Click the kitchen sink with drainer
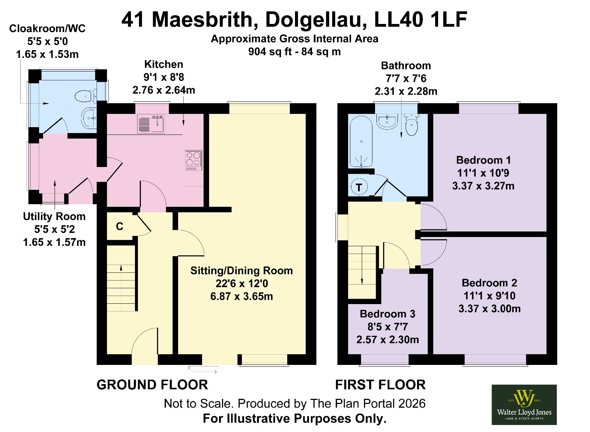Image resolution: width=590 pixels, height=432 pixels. coord(151,124)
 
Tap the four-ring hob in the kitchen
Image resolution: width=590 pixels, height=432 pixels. coord(193,160)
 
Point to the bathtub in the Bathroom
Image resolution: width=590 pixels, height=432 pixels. coord(361,142)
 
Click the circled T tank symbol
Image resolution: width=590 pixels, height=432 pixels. coord(359,188)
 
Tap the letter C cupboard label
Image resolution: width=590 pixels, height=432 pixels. coord(119,226)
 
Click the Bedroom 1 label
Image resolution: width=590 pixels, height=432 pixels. coord(483,160)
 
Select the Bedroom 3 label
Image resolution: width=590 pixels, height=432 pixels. coord(388,314)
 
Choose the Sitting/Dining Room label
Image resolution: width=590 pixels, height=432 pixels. coord(242,271)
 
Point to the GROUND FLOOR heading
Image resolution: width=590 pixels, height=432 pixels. coord(152,385)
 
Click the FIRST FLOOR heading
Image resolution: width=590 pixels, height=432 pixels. coord(380,385)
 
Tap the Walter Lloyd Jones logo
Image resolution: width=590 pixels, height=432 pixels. coord(524,405)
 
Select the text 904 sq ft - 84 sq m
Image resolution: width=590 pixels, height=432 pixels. coord(295,52)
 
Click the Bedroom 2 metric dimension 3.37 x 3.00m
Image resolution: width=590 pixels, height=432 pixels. coord(489,309)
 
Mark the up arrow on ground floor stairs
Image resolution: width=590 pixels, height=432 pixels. coord(121,268)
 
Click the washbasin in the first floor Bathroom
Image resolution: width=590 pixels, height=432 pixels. coord(388,121)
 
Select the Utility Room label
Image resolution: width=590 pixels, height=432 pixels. coord(54,216)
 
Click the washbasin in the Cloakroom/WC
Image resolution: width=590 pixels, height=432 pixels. coord(89,118)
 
